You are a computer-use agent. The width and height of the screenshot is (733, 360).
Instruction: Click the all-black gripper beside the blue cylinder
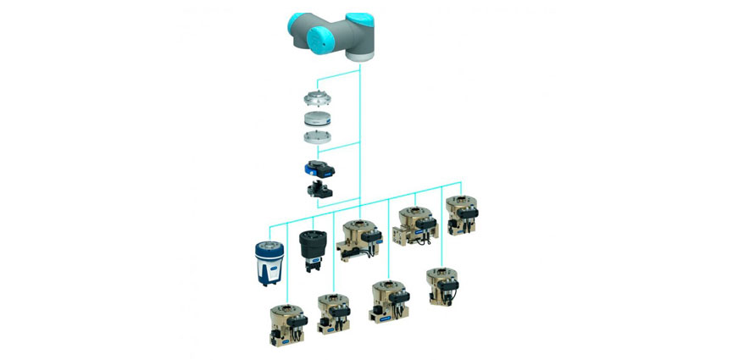pos(314,251)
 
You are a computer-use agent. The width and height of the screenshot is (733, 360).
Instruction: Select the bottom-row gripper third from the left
pos(388,301)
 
